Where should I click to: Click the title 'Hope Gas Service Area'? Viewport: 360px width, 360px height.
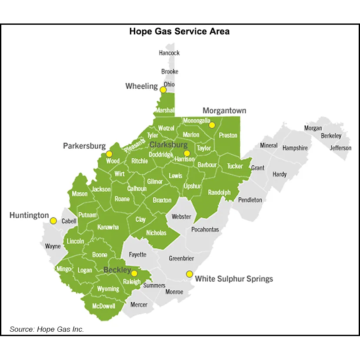pyautogui.click(x=180, y=32)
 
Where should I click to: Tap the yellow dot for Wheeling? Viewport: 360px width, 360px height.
pyautogui.click(x=163, y=90)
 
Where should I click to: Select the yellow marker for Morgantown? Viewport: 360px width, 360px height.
pyautogui.click(x=212, y=125)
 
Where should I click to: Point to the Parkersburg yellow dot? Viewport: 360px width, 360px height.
pyautogui.click(x=109, y=154)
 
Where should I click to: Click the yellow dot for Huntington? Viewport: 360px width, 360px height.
pyautogui.click(x=53, y=220)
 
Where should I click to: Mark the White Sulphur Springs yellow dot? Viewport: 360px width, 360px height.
pyautogui.click(x=189, y=274)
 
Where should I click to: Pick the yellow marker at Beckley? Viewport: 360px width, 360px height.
pyautogui.click(x=134, y=273)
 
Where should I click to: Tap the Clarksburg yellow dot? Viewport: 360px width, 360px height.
pyautogui.click(x=187, y=153)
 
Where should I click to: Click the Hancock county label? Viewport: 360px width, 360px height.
pyautogui.click(x=169, y=53)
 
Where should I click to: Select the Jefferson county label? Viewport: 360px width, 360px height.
pyautogui.click(x=340, y=148)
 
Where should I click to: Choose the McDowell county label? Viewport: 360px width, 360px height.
pyautogui.click(x=104, y=306)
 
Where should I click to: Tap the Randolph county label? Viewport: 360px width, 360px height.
pyautogui.click(x=219, y=192)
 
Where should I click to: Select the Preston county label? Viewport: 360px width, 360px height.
pyautogui.click(x=228, y=135)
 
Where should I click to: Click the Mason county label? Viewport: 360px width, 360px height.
pyautogui.click(x=80, y=194)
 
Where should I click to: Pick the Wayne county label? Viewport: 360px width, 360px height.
pyautogui.click(x=53, y=246)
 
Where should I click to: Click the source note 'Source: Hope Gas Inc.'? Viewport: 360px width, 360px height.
pyautogui.click(x=47, y=329)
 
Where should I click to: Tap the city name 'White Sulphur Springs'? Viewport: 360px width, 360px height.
pyautogui.click(x=234, y=279)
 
